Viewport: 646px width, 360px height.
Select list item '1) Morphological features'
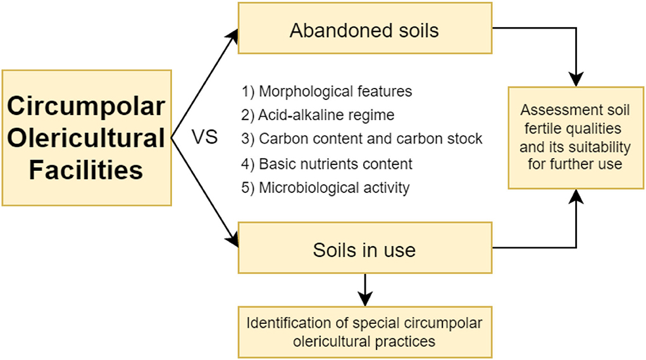coord(326,92)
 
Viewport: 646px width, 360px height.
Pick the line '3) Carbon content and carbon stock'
coord(362,139)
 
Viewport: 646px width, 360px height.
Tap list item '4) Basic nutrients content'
coord(326,164)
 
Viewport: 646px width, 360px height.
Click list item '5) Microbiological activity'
coord(325,188)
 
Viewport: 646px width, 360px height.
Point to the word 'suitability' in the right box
coord(597,148)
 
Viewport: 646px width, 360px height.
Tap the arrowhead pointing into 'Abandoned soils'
coord(233,33)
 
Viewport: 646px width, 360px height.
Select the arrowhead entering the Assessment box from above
coord(575,80)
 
